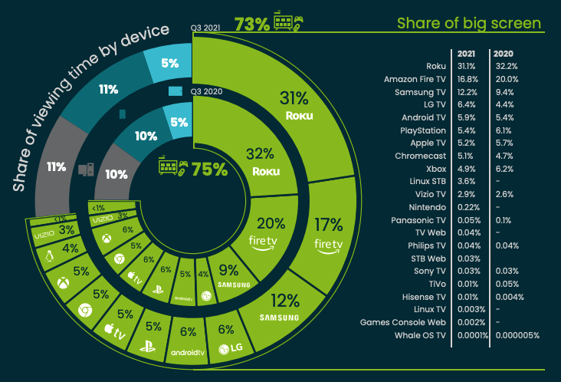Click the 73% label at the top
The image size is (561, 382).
(252, 23)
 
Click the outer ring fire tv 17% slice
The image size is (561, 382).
(328, 233)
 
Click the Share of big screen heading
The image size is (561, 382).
(468, 23)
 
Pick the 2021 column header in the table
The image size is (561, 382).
(467, 53)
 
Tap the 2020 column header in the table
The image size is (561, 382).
(504, 53)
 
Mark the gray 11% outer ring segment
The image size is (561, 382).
(56, 165)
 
